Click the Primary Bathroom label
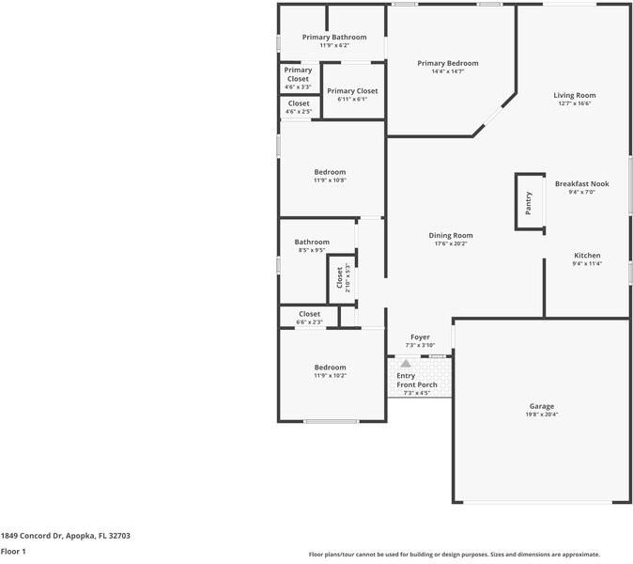(x=334, y=38)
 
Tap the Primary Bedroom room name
(x=448, y=63)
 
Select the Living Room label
(x=575, y=95)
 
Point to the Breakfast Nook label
(x=581, y=184)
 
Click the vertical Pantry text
(x=529, y=203)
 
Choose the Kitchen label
(x=587, y=256)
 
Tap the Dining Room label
(x=451, y=236)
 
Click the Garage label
(x=542, y=406)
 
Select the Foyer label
(x=420, y=337)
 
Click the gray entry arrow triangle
(x=406, y=364)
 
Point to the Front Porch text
(x=417, y=384)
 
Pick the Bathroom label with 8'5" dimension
(x=312, y=242)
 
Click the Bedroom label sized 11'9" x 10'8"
(x=330, y=172)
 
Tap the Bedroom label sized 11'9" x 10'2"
(x=330, y=368)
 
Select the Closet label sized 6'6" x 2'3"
(x=309, y=314)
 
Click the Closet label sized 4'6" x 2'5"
(x=299, y=103)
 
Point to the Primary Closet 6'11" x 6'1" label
(x=352, y=91)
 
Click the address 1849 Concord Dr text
(x=32, y=536)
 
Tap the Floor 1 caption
(x=13, y=551)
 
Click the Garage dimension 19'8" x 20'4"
(x=542, y=415)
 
